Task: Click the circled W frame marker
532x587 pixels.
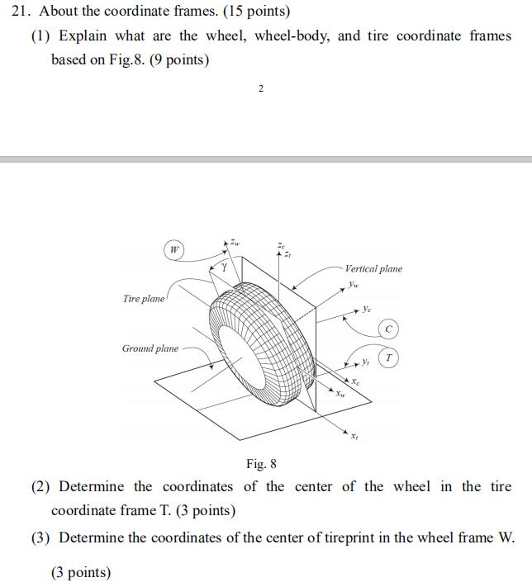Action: click(x=173, y=249)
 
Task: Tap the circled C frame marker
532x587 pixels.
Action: click(x=389, y=329)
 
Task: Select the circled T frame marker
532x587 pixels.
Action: click(x=389, y=357)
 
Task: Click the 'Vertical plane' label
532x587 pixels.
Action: click(x=373, y=268)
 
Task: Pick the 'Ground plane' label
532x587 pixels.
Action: click(x=150, y=348)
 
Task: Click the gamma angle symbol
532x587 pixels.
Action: click(x=222, y=267)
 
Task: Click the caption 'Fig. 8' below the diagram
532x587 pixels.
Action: click(x=262, y=464)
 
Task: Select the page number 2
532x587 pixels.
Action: click(x=261, y=89)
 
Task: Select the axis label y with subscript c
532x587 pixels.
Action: click(x=367, y=309)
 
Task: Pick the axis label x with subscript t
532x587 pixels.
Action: click(x=354, y=436)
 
